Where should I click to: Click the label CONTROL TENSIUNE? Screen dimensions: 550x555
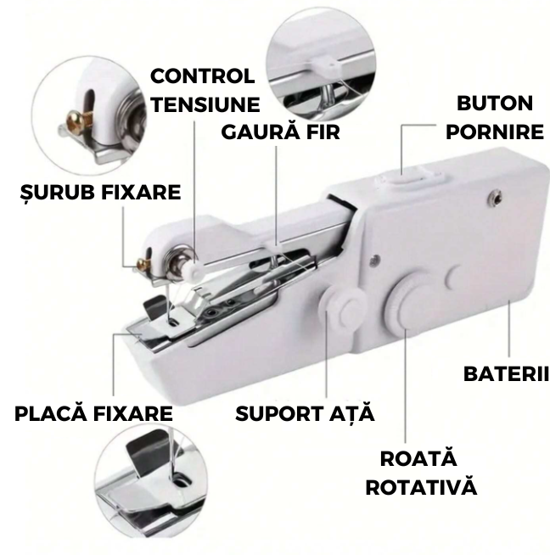pos(205,90)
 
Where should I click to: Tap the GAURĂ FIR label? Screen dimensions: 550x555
pos(280,132)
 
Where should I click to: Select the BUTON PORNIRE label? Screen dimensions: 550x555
pos(495,117)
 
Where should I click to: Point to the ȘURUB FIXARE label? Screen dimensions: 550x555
pos(100,193)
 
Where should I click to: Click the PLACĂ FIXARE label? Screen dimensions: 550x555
pos(93,413)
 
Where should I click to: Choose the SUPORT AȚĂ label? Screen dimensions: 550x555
pos(305,414)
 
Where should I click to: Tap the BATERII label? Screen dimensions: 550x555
pos(506,373)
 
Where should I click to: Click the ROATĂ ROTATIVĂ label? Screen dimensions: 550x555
pos(420,473)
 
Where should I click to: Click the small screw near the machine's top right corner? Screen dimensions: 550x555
pos(494,197)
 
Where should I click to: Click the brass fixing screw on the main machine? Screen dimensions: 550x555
pos(143,262)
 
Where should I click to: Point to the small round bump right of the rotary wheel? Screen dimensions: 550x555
pos(453,277)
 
